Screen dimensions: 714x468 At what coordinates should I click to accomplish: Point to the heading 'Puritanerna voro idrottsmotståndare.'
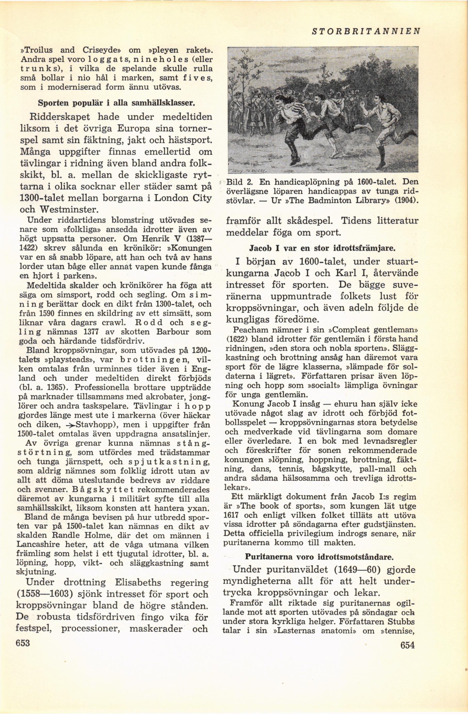[x=319, y=557]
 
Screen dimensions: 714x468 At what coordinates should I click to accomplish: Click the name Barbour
[x=172, y=332]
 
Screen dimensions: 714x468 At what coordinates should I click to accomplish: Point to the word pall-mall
[x=380, y=469]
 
